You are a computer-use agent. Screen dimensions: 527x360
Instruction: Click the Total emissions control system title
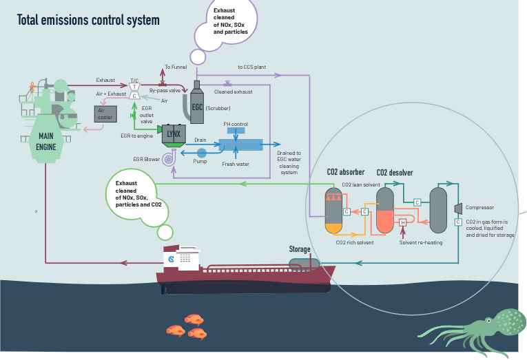pos(88,20)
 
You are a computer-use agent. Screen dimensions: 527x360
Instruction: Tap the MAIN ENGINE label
pos(46,141)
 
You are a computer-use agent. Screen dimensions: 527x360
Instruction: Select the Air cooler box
pos(105,114)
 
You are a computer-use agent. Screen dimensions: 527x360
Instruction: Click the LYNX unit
pos(174,134)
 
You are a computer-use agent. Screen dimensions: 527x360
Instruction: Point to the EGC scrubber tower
pos(197,103)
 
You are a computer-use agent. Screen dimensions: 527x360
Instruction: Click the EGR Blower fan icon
pos(169,158)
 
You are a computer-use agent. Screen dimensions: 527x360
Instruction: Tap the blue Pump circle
pos(201,153)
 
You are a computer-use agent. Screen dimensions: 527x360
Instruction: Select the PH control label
pos(236,124)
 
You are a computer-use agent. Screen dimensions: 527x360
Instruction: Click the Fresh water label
pos(236,164)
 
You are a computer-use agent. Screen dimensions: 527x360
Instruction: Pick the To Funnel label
pos(176,67)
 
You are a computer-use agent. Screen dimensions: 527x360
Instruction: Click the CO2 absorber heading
pos(346,172)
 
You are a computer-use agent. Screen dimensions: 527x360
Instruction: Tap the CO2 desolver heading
pos(395,173)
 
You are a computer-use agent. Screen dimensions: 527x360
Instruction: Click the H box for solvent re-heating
pos(402,222)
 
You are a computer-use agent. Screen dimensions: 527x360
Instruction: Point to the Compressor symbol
pos(458,208)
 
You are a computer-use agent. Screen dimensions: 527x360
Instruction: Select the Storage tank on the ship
pos(304,263)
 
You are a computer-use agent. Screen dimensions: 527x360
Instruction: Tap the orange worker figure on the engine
pos(32,87)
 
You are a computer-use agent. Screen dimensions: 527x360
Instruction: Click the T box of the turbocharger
pos(134,87)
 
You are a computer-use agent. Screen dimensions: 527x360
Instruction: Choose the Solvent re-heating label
pos(421,242)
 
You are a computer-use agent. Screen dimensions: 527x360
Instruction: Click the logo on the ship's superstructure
pos(171,259)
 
